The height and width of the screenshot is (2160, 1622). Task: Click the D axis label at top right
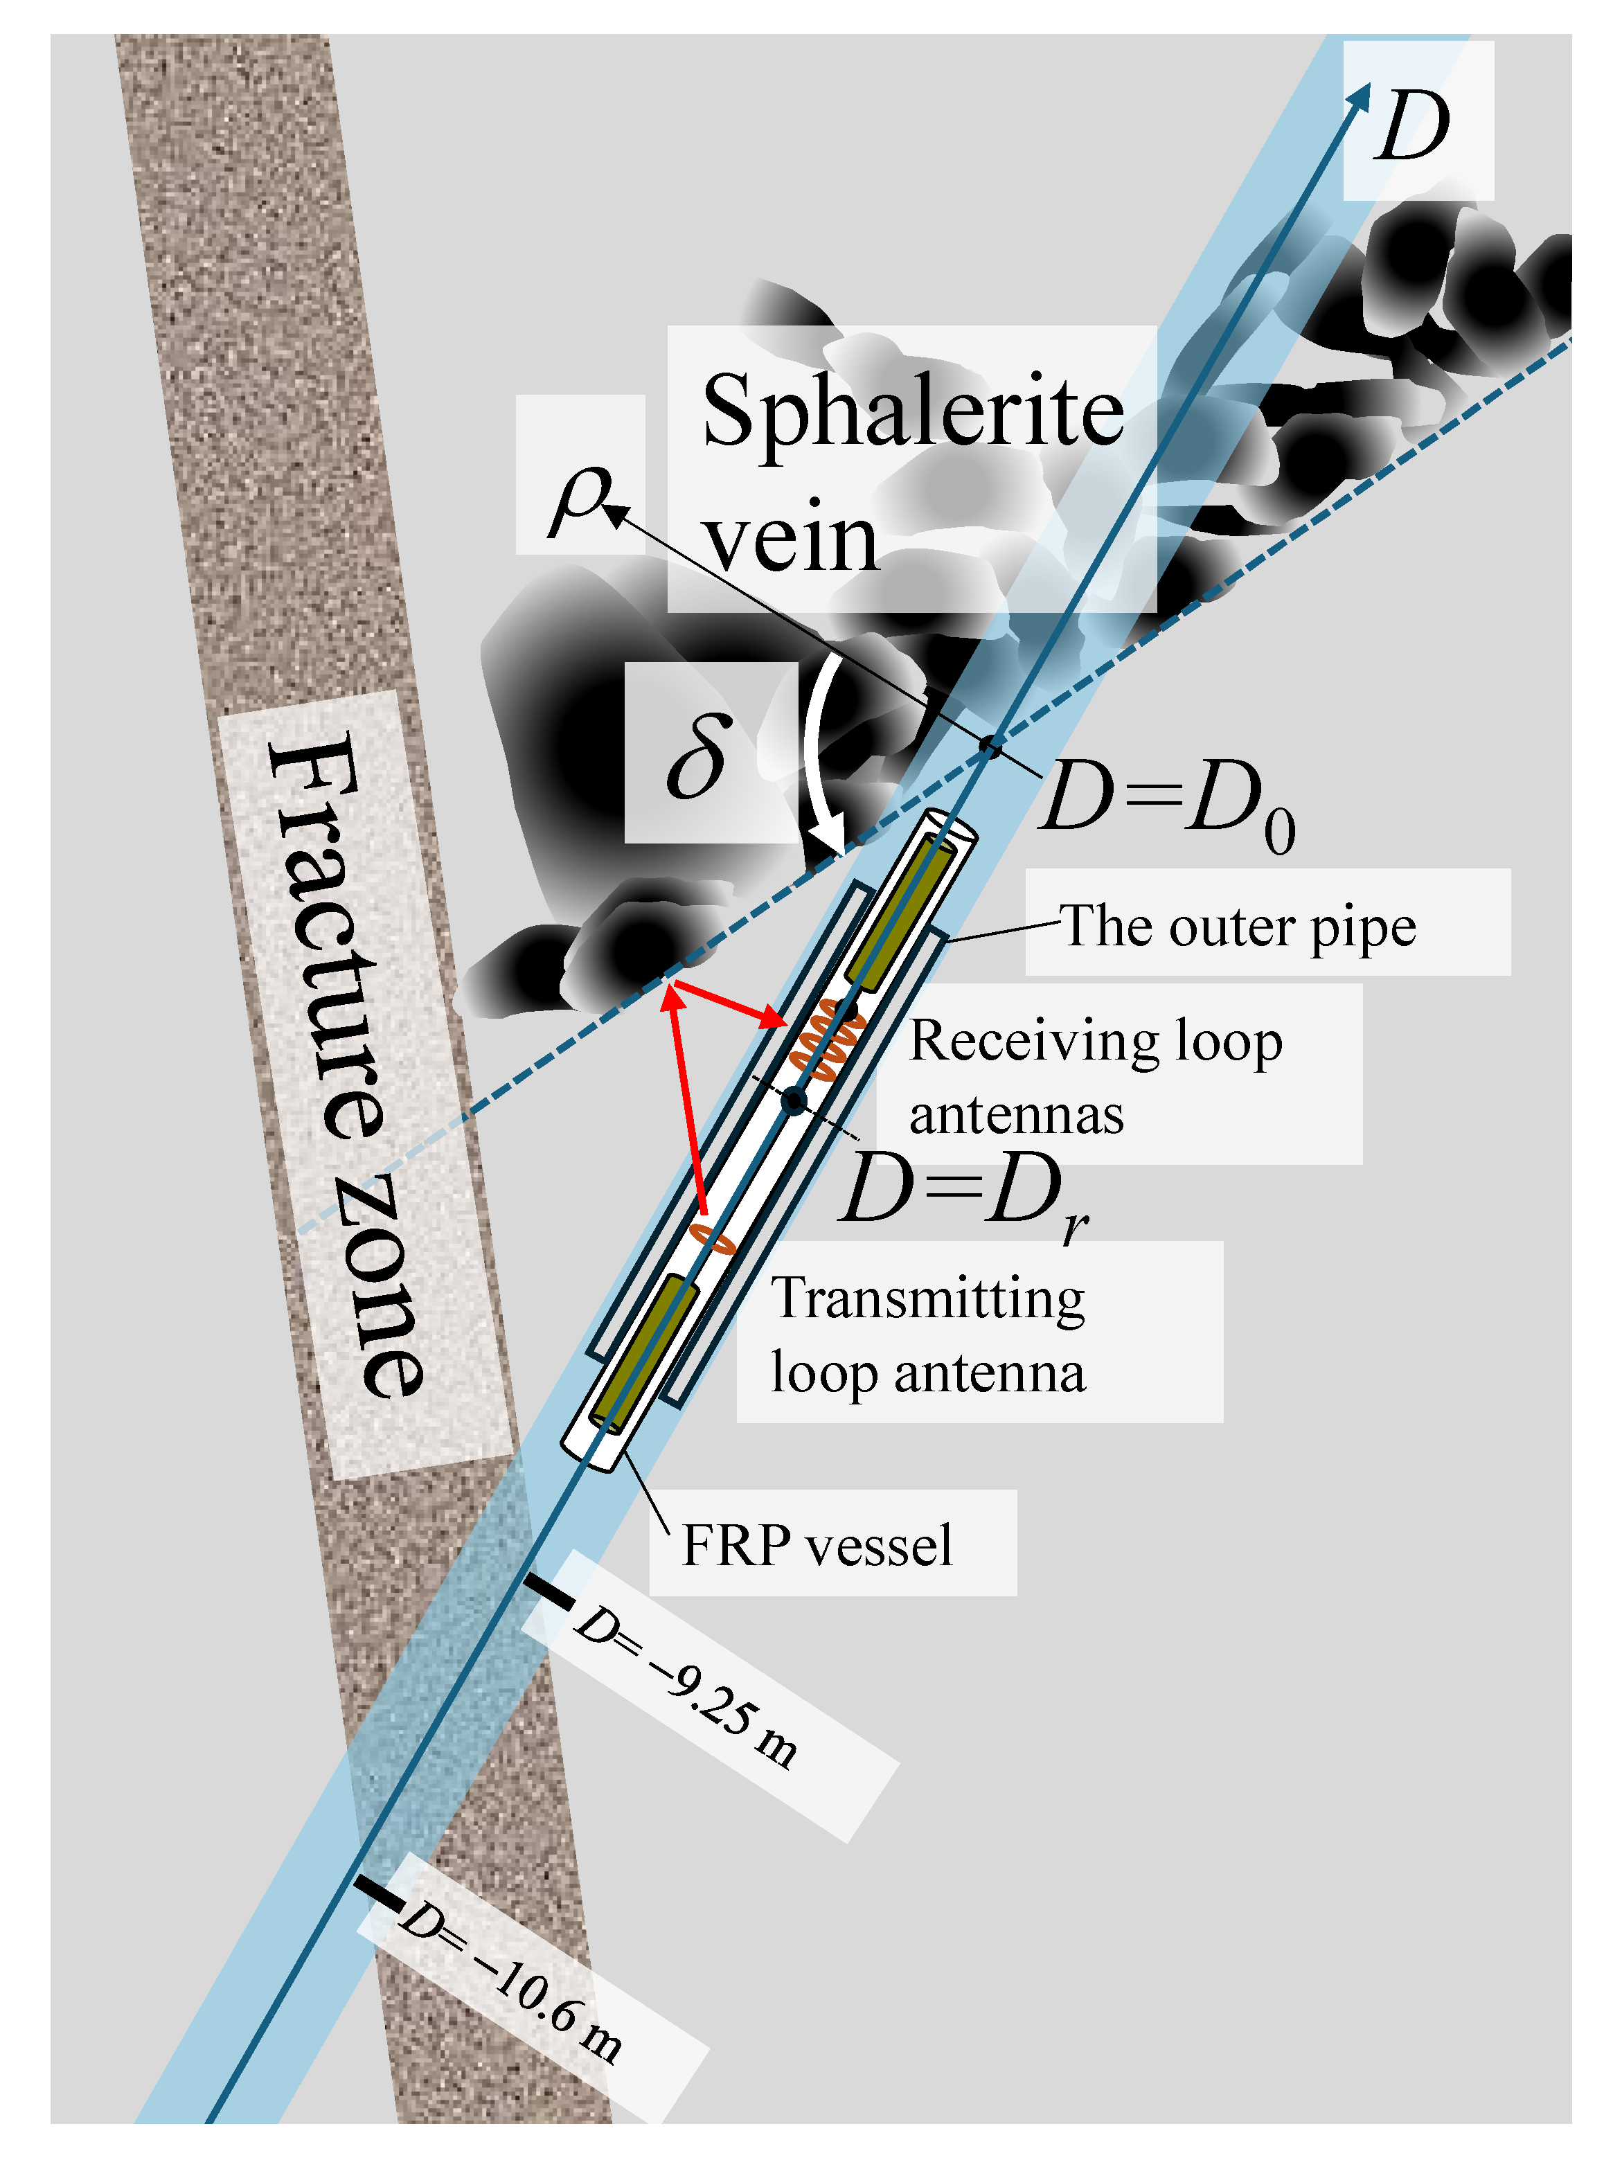coord(1412,125)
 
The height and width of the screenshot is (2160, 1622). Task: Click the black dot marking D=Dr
coord(794,1100)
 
